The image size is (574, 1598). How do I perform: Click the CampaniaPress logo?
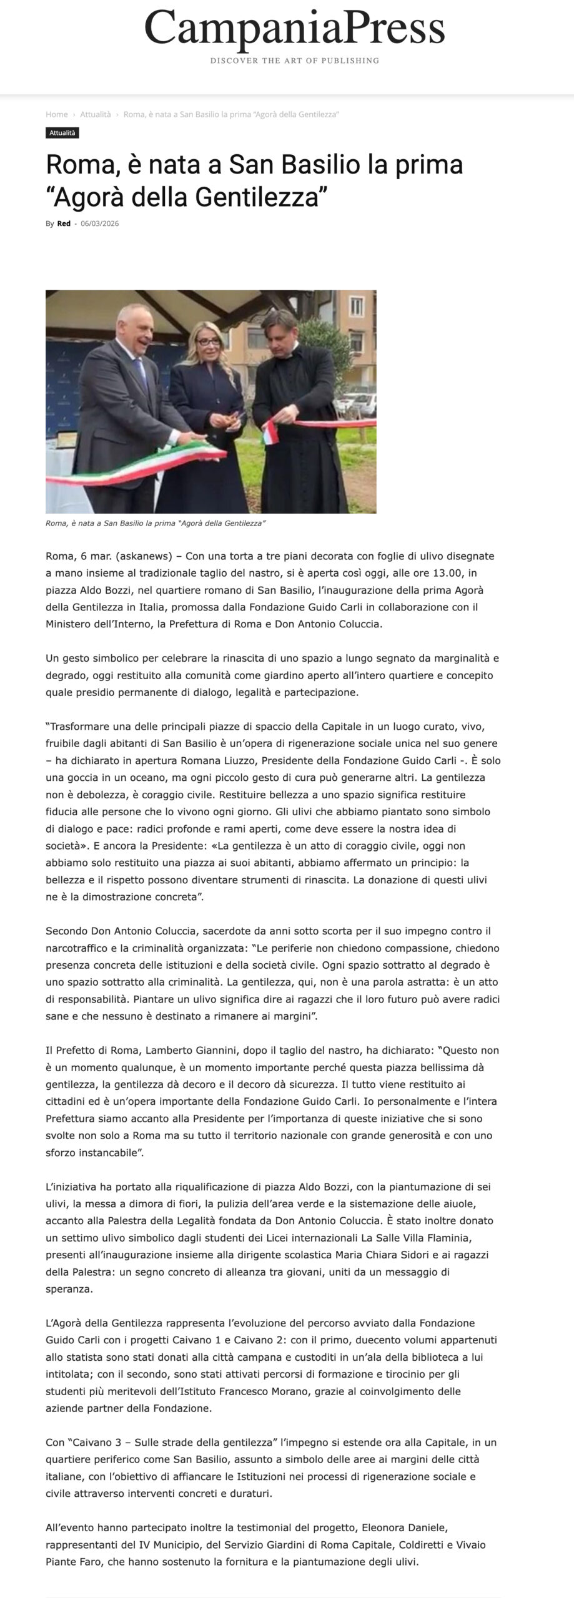(294, 28)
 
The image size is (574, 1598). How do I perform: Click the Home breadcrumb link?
(56, 114)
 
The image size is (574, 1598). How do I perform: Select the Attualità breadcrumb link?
(95, 114)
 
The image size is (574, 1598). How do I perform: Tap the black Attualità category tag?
(62, 133)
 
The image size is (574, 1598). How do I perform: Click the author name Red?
(64, 223)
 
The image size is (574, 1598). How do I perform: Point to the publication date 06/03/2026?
(100, 223)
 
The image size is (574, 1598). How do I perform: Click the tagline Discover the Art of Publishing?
(294, 61)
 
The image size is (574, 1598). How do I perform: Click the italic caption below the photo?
(156, 523)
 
